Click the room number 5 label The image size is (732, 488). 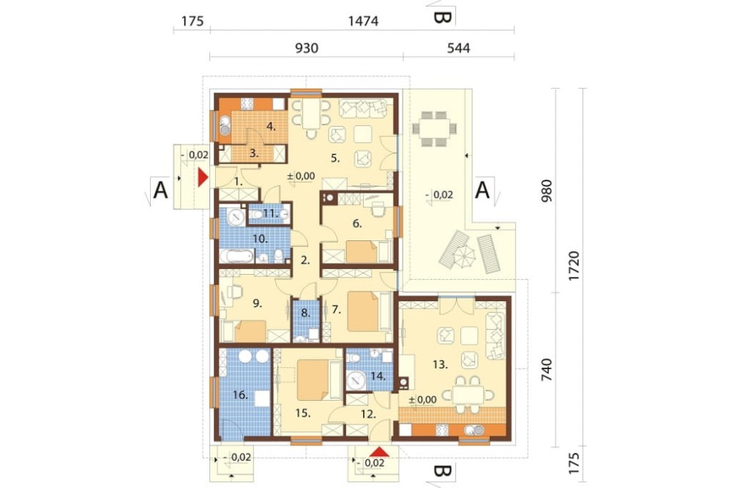(335, 158)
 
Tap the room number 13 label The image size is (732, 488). (440, 364)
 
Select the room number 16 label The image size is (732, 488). (240, 395)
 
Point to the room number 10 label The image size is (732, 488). (260, 239)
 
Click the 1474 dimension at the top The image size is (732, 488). (363, 21)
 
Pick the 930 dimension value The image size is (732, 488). (307, 48)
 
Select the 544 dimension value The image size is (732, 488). (458, 48)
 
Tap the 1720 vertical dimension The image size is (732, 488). (573, 266)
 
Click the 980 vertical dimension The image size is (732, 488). (546, 191)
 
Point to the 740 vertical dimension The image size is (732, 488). (546, 370)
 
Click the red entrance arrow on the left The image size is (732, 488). (203, 177)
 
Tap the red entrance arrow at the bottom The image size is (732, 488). (381, 451)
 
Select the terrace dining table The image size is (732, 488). (434, 128)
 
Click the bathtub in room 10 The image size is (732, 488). (236, 256)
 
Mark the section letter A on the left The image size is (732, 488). (160, 191)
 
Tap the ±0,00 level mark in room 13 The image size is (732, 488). (422, 399)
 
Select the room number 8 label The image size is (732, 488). (305, 313)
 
